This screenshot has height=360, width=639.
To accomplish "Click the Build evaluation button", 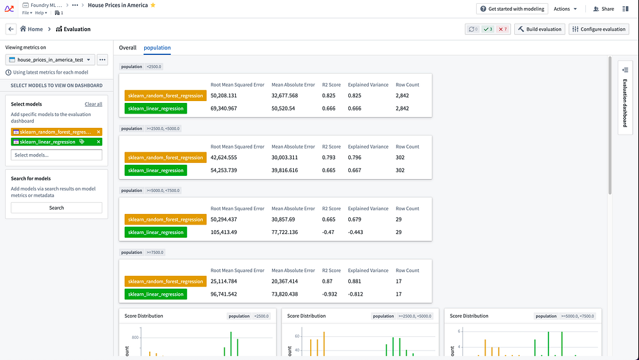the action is point(540,29).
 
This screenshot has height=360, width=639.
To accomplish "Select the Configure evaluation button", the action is point(598,29).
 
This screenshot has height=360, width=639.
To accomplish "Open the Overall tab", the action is point(127,47).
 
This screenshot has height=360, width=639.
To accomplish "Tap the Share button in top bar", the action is point(603,9).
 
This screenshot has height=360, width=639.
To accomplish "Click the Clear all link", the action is point(94,104).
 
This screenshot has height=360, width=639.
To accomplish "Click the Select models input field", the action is point(57,155).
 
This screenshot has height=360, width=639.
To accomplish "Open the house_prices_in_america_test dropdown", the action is point(50,60).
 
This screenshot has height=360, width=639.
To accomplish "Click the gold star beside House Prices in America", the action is point(153,5).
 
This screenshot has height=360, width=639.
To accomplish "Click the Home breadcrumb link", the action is point(31,29).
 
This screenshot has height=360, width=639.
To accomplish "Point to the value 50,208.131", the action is point(224,95).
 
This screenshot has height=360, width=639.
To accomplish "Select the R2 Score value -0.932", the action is point(329,294).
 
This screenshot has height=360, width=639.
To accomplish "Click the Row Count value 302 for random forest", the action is point(400,158).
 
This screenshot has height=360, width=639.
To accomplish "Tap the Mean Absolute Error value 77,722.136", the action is point(285,232).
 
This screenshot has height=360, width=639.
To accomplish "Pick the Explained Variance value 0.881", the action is point(354,281).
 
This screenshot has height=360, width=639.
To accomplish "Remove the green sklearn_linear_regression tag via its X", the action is point(99,142).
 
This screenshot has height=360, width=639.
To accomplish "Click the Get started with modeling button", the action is point(512,9).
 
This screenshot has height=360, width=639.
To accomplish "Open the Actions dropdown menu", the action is point(565,9).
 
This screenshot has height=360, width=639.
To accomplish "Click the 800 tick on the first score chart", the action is point(135,338).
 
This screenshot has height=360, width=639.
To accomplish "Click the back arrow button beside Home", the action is point(11,29).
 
